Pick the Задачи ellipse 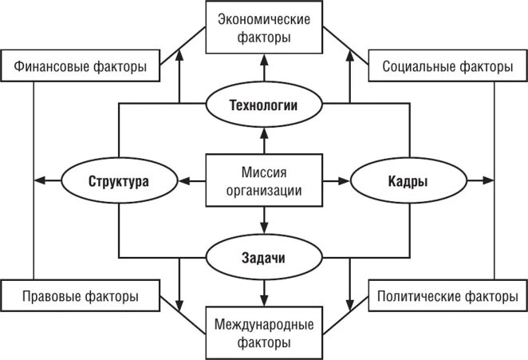click(x=263, y=258)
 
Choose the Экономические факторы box click(x=263, y=28)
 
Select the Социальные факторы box click(x=447, y=66)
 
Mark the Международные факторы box click(x=263, y=334)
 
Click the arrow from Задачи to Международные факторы click(x=263, y=292)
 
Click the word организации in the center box click(x=263, y=191)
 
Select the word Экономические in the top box click(x=263, y=20)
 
